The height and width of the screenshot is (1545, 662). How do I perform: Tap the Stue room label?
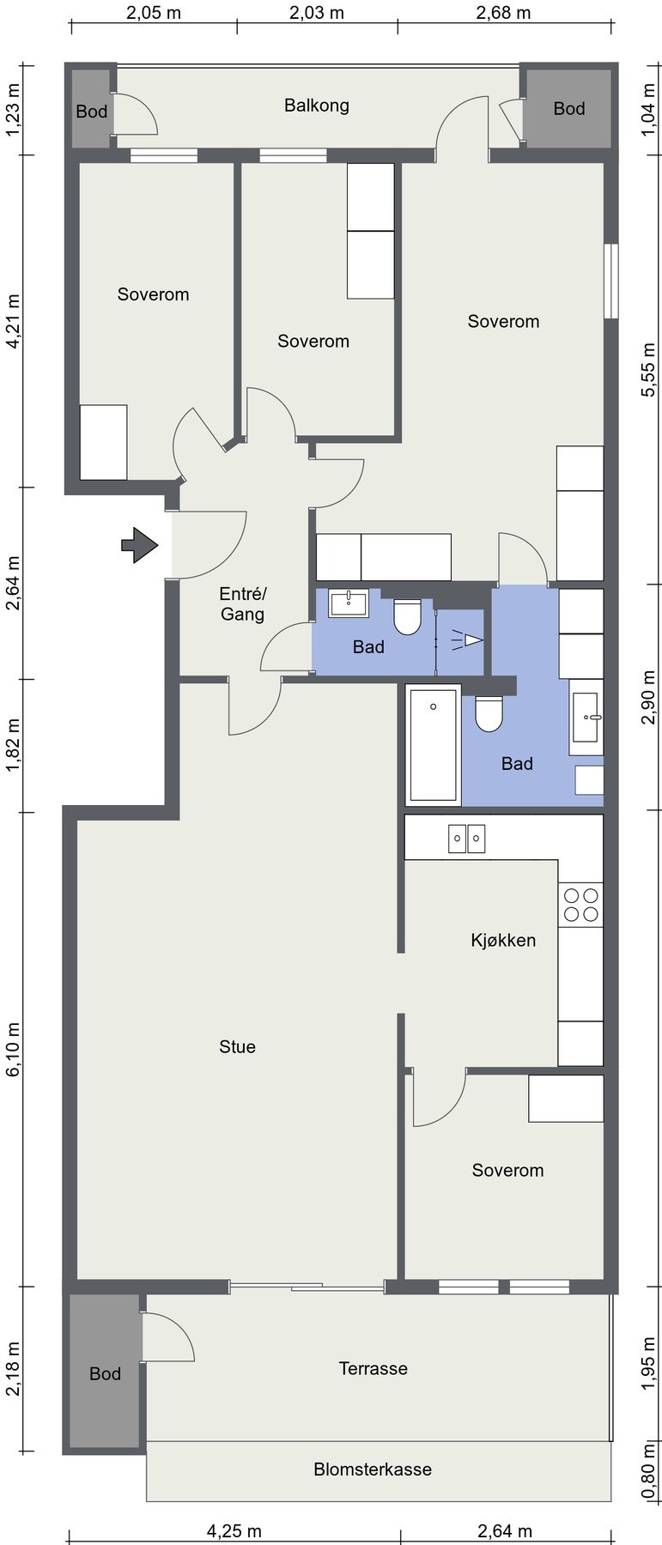[237, 1046]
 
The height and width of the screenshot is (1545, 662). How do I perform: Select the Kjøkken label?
[503, 940]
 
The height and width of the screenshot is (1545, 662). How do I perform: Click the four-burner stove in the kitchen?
[580, 905]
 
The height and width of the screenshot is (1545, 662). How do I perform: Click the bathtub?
[434, 745]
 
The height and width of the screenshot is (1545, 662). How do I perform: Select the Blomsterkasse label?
[373, 1469]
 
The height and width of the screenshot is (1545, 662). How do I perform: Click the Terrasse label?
[373, 1368]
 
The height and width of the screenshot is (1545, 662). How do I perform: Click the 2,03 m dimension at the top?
[317, 12]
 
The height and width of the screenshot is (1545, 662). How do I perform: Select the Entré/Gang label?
[243, 603]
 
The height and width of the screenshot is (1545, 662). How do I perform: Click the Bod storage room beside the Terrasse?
[105, 1373]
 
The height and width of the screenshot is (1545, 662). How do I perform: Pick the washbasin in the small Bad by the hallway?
[349, 602]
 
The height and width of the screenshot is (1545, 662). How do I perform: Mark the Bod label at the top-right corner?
[568, 108]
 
